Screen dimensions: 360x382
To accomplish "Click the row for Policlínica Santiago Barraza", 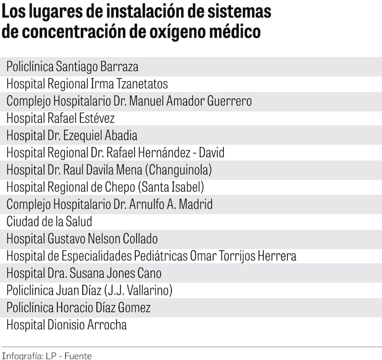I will (x=72, y=67).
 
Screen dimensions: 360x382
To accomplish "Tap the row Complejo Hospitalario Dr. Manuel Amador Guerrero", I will (x=129, y=101).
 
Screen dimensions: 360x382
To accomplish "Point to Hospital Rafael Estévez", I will (x=61, y=118).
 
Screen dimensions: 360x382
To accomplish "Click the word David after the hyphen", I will (x=212, y=152).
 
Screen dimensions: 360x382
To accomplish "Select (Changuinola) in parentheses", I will (x=180, y=169).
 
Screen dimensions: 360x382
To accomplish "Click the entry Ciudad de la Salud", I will (x=49, y=221).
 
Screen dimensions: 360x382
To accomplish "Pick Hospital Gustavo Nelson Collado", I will (x=82, y=239).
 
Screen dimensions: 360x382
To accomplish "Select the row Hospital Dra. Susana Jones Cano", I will (x=84, y=273).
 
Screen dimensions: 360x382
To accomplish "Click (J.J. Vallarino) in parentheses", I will (x=138, y=290).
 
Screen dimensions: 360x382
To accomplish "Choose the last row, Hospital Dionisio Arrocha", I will (x=67, y=325).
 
